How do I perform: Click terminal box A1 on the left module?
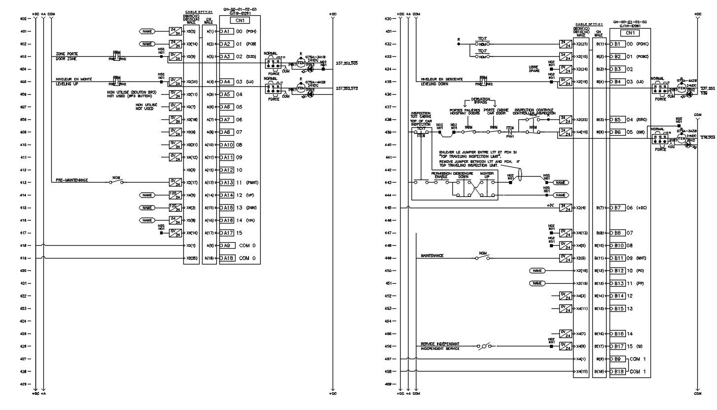click(226, 32)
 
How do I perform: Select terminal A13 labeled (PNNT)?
click(227, 183)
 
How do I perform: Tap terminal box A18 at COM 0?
click(227, 258)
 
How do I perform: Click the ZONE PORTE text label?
click(67, 54)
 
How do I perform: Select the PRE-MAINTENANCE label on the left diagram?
click(72, 180)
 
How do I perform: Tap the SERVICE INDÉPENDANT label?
click(440, 344)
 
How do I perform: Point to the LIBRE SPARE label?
click(533, 69)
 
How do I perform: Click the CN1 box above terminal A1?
click(239, 21)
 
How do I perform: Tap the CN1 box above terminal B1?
click(630, 33)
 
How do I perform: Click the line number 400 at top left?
click(23, 19)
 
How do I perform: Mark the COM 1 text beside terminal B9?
click(638, 359)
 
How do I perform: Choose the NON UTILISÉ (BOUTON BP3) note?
click(132, 92)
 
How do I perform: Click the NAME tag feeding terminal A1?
click(147, 32)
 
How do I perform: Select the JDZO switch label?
click(280, 57)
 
